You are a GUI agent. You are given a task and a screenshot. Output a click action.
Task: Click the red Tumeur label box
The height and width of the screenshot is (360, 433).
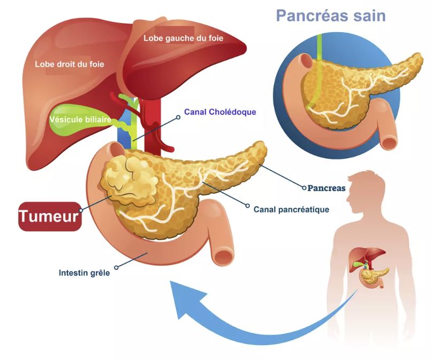tap(50, 216)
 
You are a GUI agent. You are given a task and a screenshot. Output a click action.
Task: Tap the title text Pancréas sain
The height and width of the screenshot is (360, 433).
tap(331, 15)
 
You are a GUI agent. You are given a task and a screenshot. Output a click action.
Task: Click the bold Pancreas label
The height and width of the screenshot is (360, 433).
tap(326, 189)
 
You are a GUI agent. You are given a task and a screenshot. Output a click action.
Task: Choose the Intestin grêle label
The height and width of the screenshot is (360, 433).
tap(84, 273)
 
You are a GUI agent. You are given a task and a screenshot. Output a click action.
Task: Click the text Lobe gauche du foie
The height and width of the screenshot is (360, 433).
tap(183, 38)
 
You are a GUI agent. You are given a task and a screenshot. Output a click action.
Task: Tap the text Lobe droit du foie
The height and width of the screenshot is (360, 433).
tap(70, 64)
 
